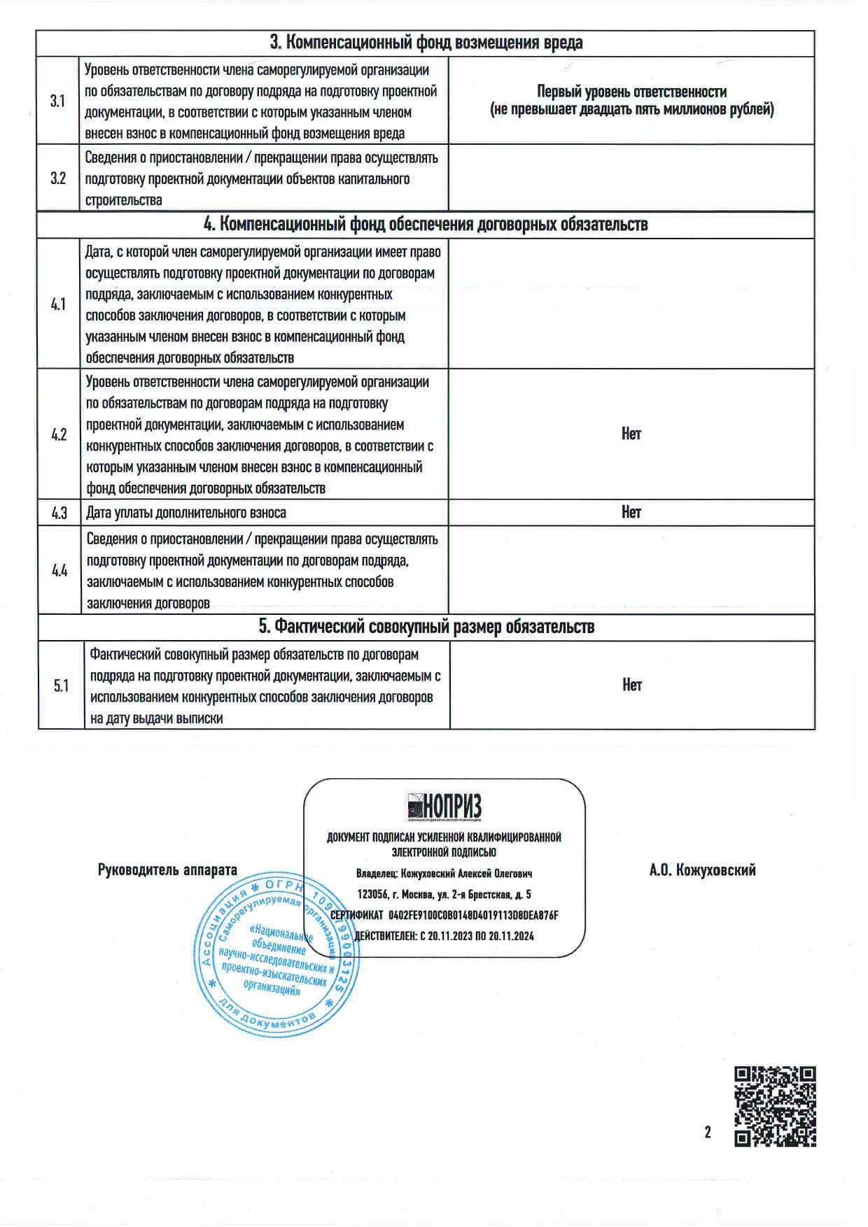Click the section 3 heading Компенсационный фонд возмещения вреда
click(426, 43)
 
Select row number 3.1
click(57, 101)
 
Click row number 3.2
click(58, 178)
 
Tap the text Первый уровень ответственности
click(631, 92)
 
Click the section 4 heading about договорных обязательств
click(426, 225)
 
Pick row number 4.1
click(58, 304)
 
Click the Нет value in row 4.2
click(631, 434)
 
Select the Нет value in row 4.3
click(631, 512)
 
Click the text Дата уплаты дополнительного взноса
click(186, 513)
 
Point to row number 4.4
click(59, 571)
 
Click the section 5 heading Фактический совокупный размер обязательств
click(426, 627)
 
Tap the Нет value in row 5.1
click(631, 685)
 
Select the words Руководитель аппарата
click(167, 870)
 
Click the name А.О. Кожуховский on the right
click(702, 870)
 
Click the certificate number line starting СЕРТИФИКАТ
click(444, 915)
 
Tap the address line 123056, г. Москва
click(444, 894)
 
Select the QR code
click(775, 1106)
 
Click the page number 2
click(708, 1132)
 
